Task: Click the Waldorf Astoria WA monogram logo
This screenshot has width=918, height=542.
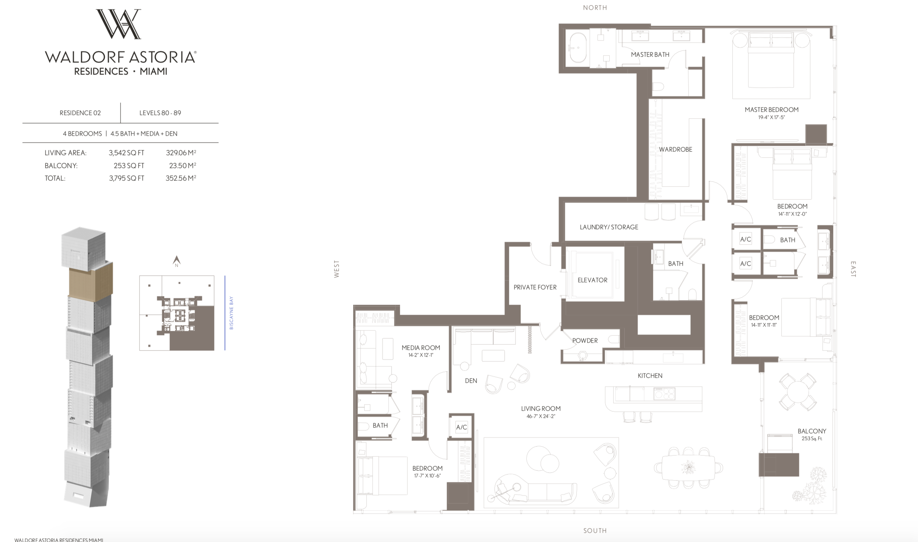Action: tap(118, 24)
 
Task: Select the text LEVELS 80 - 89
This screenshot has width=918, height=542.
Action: tap(160, 113)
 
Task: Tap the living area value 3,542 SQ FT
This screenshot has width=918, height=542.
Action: tap(126, 153)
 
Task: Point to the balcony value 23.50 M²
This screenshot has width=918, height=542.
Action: tap(182, 165)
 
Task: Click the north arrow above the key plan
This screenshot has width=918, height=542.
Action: tap(177, 261)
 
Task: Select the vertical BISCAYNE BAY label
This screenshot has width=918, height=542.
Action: tap(231, 313)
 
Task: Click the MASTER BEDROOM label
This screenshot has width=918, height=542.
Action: tap(771, 110)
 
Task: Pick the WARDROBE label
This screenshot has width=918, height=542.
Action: tap(675, 149)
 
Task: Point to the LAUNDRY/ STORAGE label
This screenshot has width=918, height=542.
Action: tap(609, 227)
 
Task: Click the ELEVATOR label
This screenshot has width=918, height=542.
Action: tap(592, 280)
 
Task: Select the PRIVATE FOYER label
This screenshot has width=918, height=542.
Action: tap(535, 287)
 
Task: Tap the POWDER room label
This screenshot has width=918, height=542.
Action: tap(585, 340)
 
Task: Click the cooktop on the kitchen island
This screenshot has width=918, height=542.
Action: tap(664, 394)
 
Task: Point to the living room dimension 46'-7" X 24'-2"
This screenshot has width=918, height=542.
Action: tap(541, 416)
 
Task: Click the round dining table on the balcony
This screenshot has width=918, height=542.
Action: tap(797, 392)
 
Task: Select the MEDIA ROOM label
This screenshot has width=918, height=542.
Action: tap(421, 348)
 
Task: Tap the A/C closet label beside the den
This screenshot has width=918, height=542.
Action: tap(461, 427)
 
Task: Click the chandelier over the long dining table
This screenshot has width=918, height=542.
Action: tap(688, 467)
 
